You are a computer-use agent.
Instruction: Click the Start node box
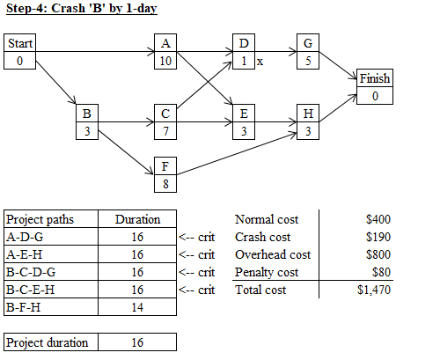19,52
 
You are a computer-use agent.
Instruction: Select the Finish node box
375,87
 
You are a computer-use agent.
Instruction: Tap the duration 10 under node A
165,61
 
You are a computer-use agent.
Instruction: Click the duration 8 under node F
165,184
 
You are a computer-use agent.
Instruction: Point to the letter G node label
308,43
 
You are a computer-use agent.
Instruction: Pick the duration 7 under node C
165,131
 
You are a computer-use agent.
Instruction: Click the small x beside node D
260,62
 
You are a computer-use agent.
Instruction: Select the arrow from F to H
237,154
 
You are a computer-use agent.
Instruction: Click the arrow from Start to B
55,82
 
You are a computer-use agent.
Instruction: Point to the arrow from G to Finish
338,66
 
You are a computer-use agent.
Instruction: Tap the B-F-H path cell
51,307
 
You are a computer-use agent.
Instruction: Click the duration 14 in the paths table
137,307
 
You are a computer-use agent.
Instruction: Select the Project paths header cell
51,219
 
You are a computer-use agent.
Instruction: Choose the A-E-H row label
25,254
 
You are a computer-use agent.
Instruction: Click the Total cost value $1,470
374,290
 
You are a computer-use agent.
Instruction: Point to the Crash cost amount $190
378,237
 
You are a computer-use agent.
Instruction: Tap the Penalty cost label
267,272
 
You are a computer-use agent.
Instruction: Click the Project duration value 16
137,342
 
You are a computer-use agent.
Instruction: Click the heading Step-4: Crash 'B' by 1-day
82,8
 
